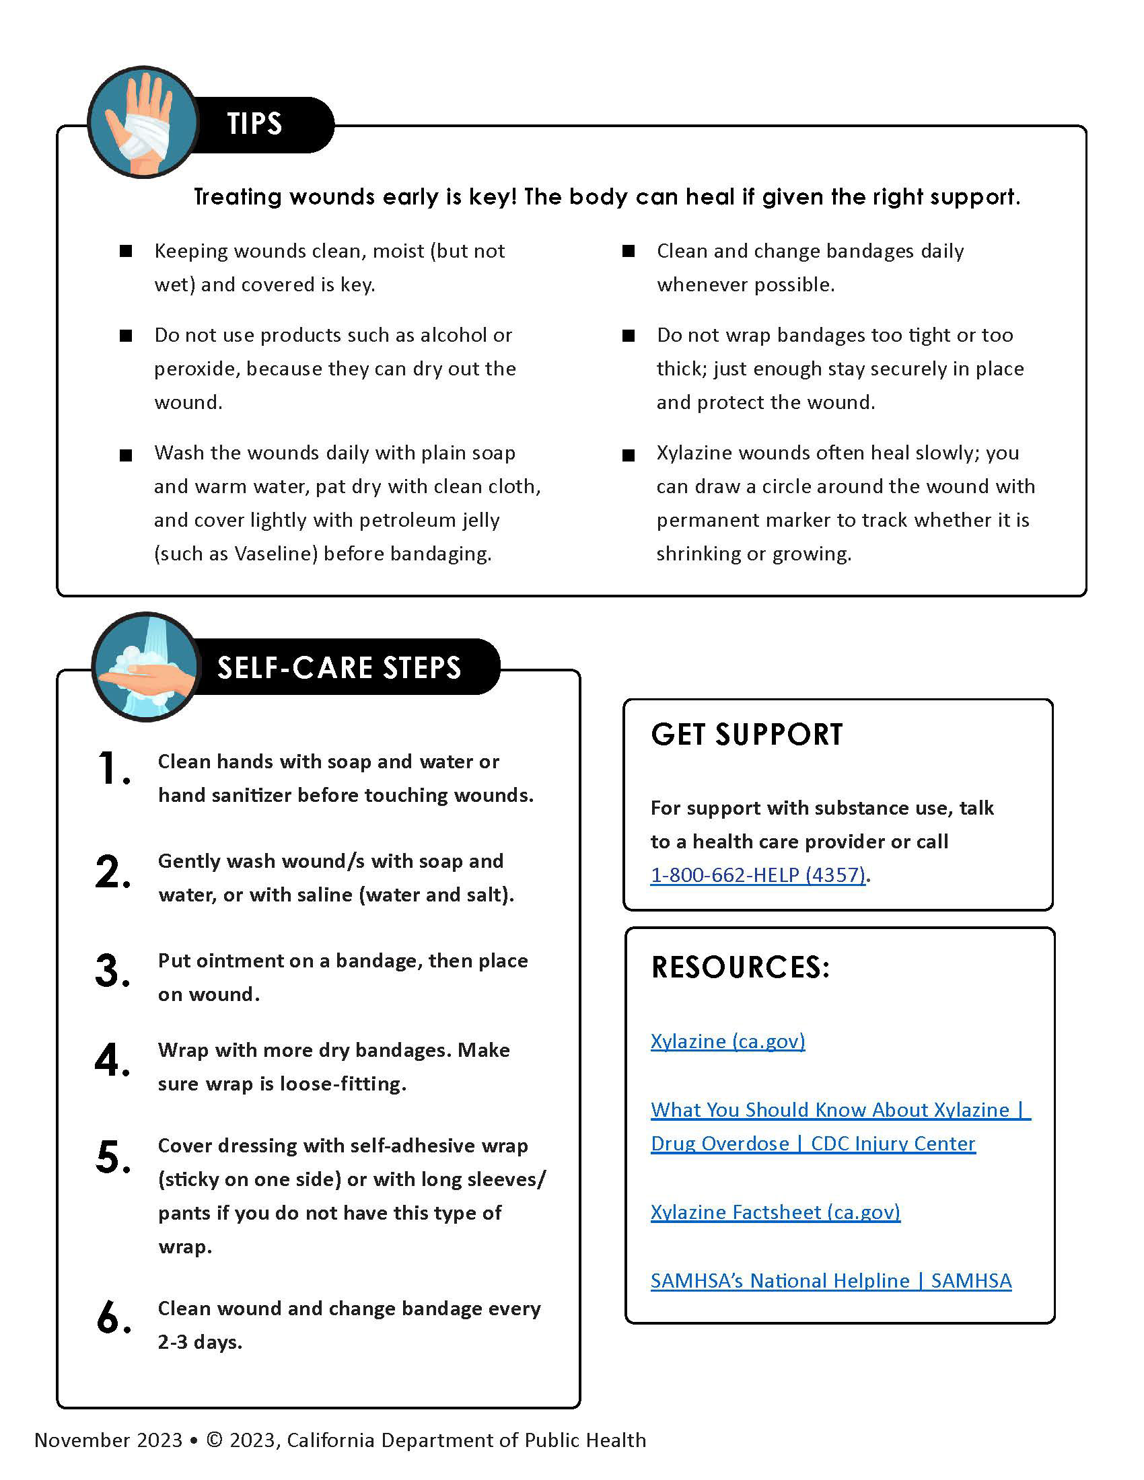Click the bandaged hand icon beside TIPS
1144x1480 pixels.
pyautogui.click(x=143, y=122)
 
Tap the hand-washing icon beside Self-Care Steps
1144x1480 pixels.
pyautogui.click(x=147, y=667)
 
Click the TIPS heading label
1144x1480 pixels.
pyautogui.click(x=255, y=124)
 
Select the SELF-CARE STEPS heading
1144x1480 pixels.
pyautogui.click(x=339, y=667)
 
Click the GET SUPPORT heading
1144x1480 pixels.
pyautogui.click(x=746, y=735)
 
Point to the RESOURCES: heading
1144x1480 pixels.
pyautogui.click(x=740, y=967)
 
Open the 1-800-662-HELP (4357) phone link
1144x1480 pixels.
pyautogui.click(x=758, y=875)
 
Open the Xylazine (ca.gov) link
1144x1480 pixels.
pyautogui.click(x=728, y=1041)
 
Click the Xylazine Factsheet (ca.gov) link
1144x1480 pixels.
pyautogui.click(x=775, y=1212)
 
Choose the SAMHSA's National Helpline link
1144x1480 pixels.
pyautogui.click(x=831, y=1280)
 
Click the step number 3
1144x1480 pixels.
pyautogui.click(x=112, y=970)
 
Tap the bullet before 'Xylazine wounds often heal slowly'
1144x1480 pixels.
pyautogui.click(x=629, y=455)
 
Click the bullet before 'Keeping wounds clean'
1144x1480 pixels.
pyautogui.click(x=126, y=252)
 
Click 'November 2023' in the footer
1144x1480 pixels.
pyautogui.click(x=108, y=1440)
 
